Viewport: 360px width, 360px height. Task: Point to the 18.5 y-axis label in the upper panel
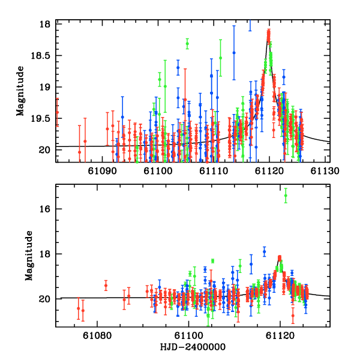41,56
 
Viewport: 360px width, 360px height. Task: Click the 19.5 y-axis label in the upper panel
41,118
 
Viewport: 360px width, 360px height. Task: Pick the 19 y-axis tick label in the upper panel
46,87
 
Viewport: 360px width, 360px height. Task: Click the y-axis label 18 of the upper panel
46,25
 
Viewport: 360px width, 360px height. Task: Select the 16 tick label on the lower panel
46,209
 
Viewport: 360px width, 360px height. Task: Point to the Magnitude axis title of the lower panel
28,256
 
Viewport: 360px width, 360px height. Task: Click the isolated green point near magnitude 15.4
286,195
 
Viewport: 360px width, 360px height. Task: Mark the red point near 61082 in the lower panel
106,286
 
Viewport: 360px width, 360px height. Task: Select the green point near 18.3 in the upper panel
187,44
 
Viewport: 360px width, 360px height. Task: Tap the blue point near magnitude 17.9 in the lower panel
264,251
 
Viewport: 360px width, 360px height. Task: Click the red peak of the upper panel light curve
269,32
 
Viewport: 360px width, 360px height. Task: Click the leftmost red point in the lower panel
79,308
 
